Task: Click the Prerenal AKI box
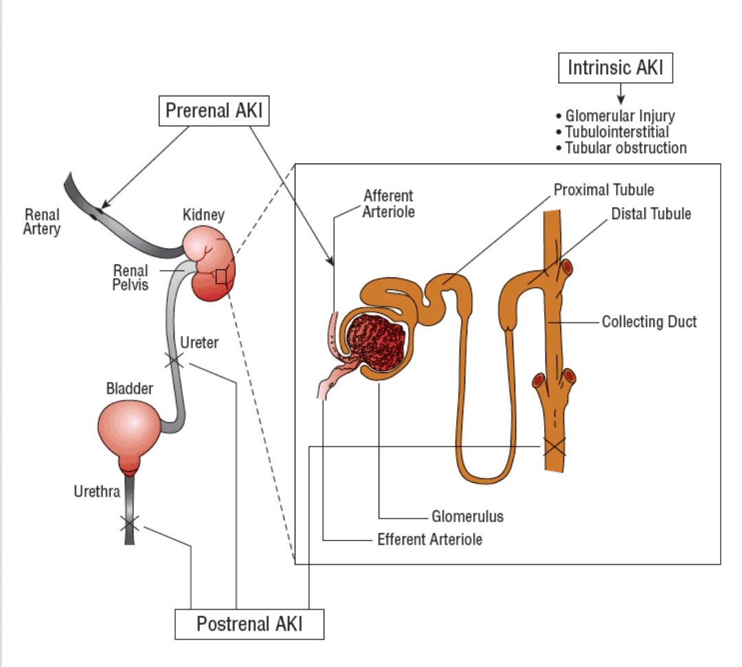(x=214, y=111)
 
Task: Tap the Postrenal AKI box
(x=249, y=624)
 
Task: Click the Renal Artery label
(x=42, y=222)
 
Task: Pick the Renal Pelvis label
(x=131, y=277)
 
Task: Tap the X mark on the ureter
(x=173, y=359)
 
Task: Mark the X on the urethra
(x=129, y=524)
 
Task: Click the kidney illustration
(x=209, y=264)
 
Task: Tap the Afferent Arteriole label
(x=389, y=204)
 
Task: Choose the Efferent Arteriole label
(x=429, y=539)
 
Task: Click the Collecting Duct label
(x=649, y=321)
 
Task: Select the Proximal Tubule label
(x=604, y=190)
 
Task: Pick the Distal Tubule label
(x=651, y=214)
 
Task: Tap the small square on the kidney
(x=221, y=276)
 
